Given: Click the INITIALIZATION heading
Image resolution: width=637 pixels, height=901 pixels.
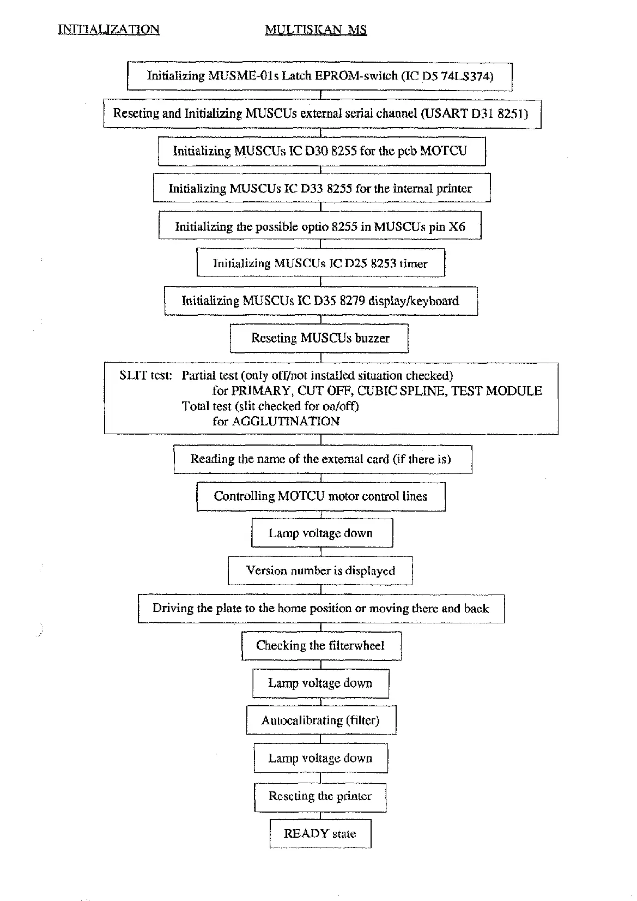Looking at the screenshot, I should tap(108, 29).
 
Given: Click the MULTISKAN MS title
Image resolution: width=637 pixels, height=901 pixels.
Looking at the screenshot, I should tap(316, 29).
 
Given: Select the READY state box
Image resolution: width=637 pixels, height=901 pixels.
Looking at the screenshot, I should tap(320, 833).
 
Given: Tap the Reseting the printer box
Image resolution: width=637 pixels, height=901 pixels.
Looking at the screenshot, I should tap(320, 796).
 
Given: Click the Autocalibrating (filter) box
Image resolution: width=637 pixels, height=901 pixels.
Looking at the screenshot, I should tap(320, 720).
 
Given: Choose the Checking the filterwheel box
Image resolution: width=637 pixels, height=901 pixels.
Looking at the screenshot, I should tap(320, 646).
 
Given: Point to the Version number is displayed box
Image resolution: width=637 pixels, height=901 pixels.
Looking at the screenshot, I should tap(320, 571).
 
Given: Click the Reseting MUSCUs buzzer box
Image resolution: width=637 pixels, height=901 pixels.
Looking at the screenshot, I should tap(320, 338).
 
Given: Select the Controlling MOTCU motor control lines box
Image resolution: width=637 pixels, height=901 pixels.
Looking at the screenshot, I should tap(320, 496).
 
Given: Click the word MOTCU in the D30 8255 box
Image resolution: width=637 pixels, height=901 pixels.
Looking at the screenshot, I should tap(444, 151).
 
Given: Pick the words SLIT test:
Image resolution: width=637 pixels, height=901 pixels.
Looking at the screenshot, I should tap(145, 376).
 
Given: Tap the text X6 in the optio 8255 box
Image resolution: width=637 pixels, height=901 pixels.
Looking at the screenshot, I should tap(457, 227).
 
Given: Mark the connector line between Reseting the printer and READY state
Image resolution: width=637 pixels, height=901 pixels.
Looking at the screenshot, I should tap(320, 815).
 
